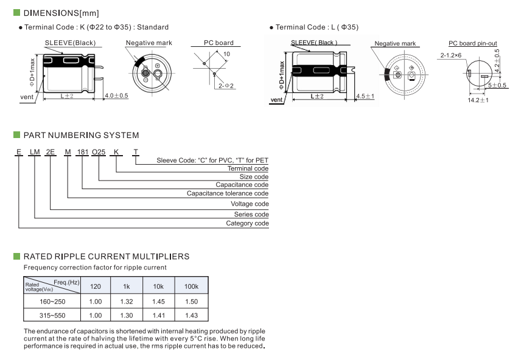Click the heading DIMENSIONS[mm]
(61, 13)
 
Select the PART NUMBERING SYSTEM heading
(80, 135)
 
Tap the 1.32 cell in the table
(126, 302)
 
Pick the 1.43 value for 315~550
(191, 316)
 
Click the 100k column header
(191, 286)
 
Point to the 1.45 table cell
(159, 302)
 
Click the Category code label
(247, 223)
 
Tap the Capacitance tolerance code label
(228, 193)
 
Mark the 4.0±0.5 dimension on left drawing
(116, 96)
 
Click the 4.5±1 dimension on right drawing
(365, 96)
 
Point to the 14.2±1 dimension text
(478, 100)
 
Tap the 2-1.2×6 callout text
(451, 55)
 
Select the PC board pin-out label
(473, 43)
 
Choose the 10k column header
(159, 286)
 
